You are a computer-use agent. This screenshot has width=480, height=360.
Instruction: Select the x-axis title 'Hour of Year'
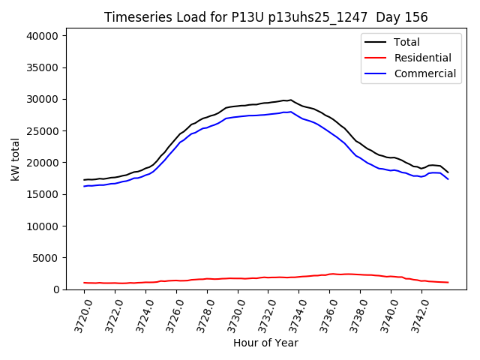[265, 343]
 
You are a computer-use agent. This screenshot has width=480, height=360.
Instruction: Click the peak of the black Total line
[291, 99]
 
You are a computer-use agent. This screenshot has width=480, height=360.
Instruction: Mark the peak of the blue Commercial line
[291, 112]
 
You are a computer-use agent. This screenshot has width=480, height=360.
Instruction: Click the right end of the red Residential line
[448, 283]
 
